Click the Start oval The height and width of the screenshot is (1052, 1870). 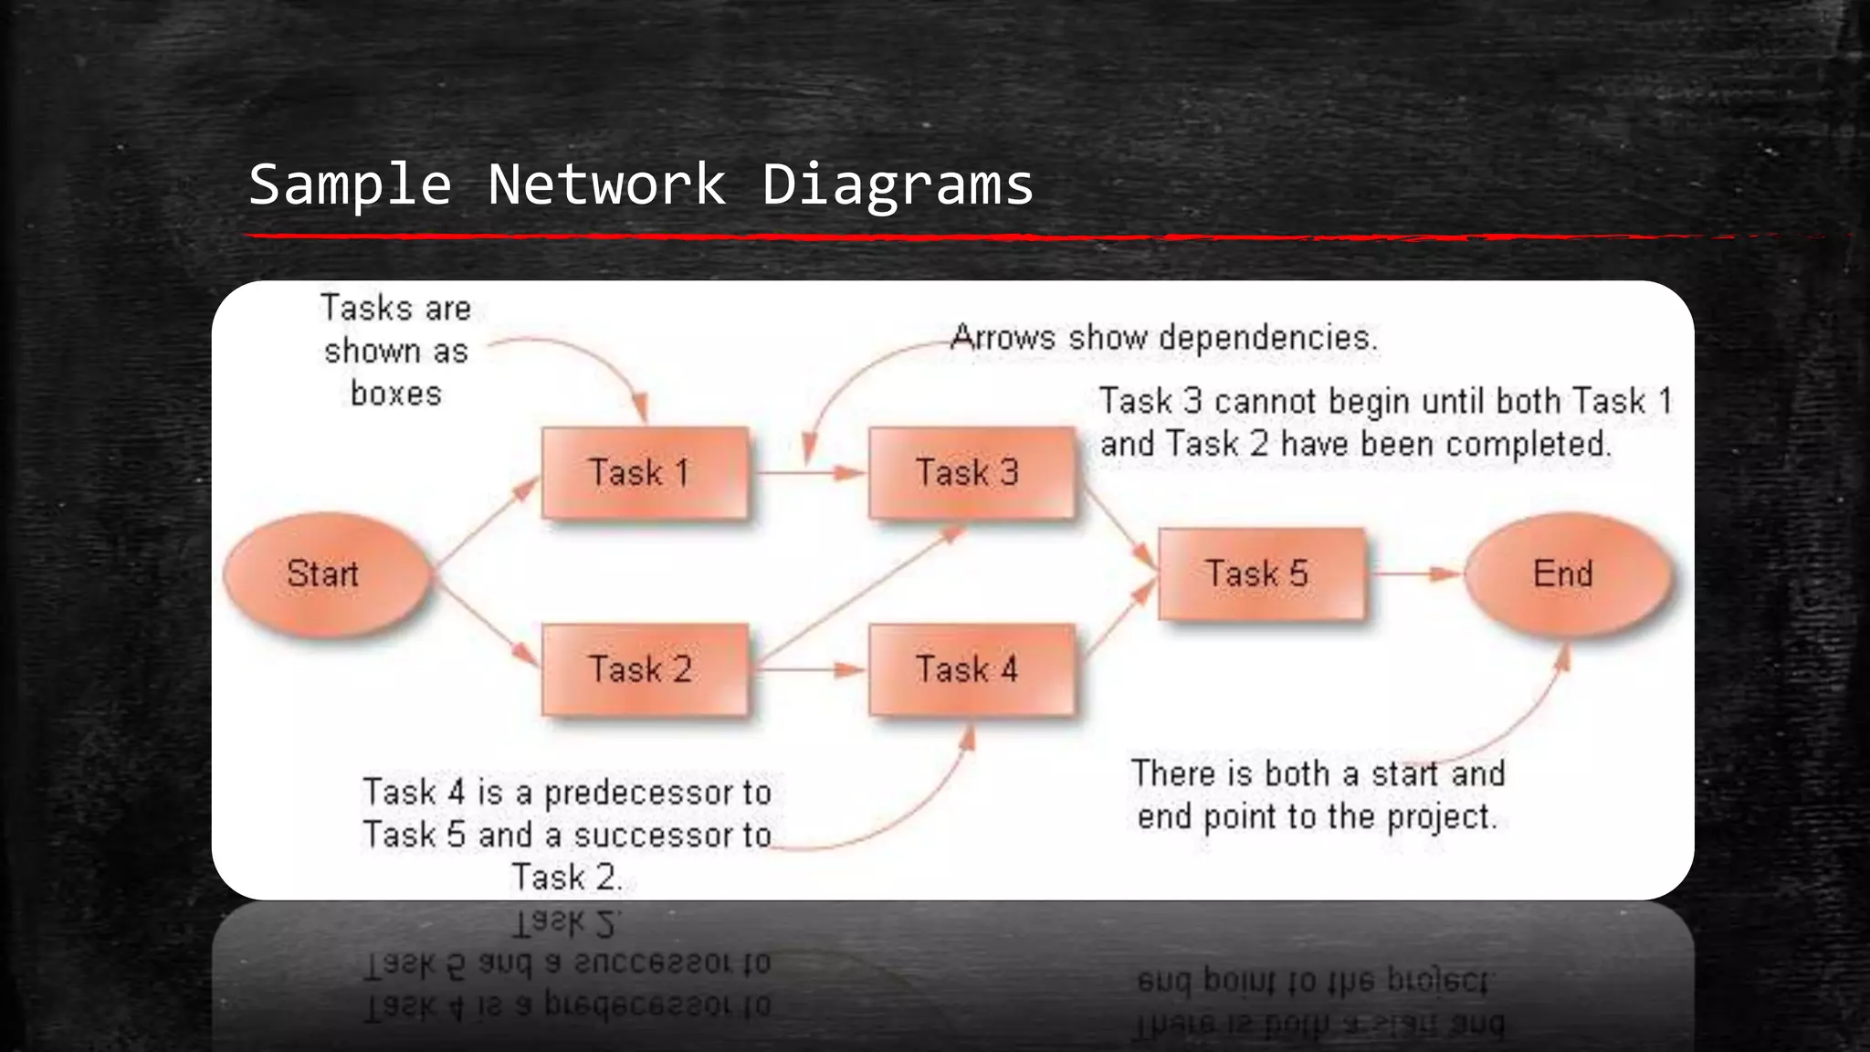(325, 574)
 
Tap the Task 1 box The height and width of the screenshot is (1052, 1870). (645, 473)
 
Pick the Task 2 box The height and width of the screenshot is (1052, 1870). (645, 669)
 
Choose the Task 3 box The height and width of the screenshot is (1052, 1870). (972, 473)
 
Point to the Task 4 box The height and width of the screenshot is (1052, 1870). (972, 669)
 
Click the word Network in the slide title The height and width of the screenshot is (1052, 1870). (606, 185)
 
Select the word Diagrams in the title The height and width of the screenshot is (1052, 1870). (897, 185)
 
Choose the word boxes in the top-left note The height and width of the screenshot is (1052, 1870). (396, 394)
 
